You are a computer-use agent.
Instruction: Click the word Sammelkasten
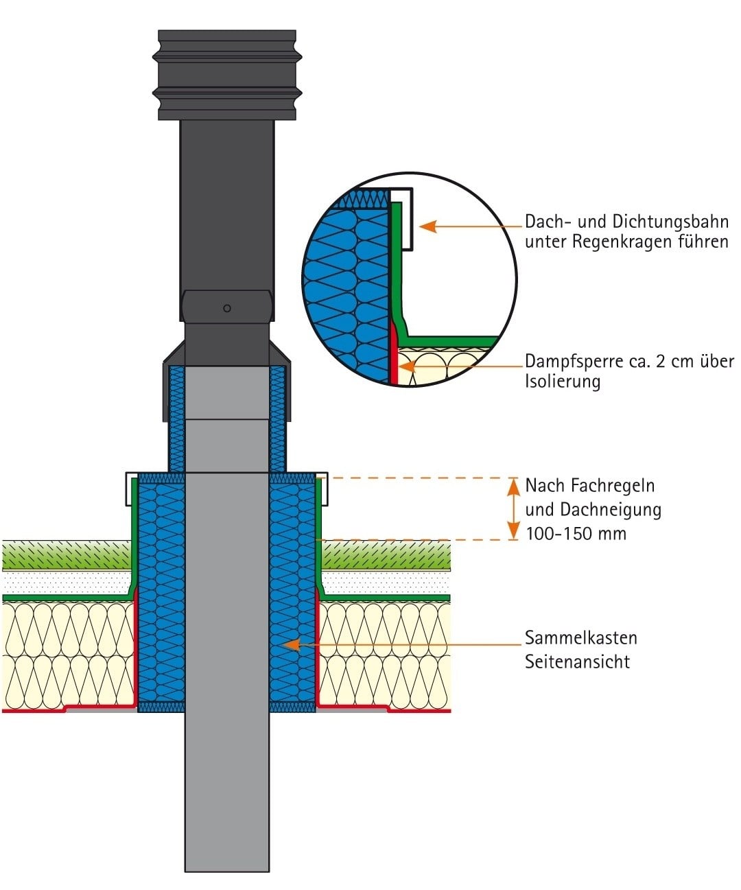(580, 638)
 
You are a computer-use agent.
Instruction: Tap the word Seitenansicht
(577, 662)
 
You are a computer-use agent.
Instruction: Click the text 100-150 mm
(576, 534)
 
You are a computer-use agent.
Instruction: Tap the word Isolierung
(563, 382)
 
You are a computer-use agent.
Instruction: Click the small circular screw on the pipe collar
(227, 308)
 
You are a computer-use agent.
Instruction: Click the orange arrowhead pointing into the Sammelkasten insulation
(291, 644)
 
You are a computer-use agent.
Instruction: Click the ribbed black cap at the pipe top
(227, 74)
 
